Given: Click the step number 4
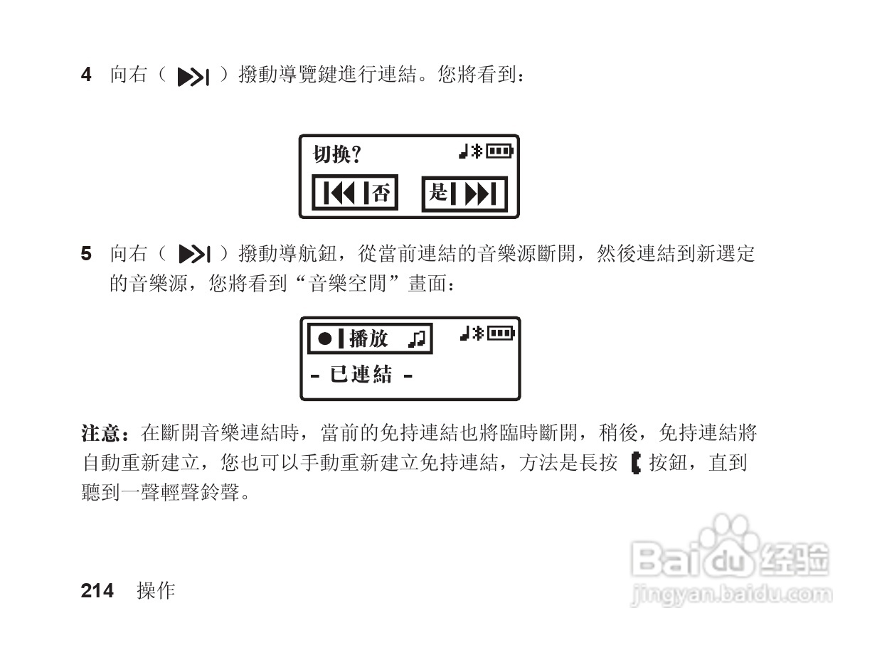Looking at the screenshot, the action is [86, 74].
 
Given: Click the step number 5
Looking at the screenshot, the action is [86, 253].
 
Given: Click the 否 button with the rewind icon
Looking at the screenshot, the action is [355, 193].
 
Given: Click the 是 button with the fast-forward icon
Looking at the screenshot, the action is [464, 193].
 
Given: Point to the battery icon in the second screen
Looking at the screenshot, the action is [500, 332].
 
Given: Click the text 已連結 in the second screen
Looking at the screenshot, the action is [361, 375].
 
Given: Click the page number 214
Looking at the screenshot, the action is [97, 591].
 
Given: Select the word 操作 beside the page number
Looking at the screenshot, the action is [156, 591].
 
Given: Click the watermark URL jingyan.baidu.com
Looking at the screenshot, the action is [731, 594].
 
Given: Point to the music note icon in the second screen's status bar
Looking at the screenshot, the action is [464, 332].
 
